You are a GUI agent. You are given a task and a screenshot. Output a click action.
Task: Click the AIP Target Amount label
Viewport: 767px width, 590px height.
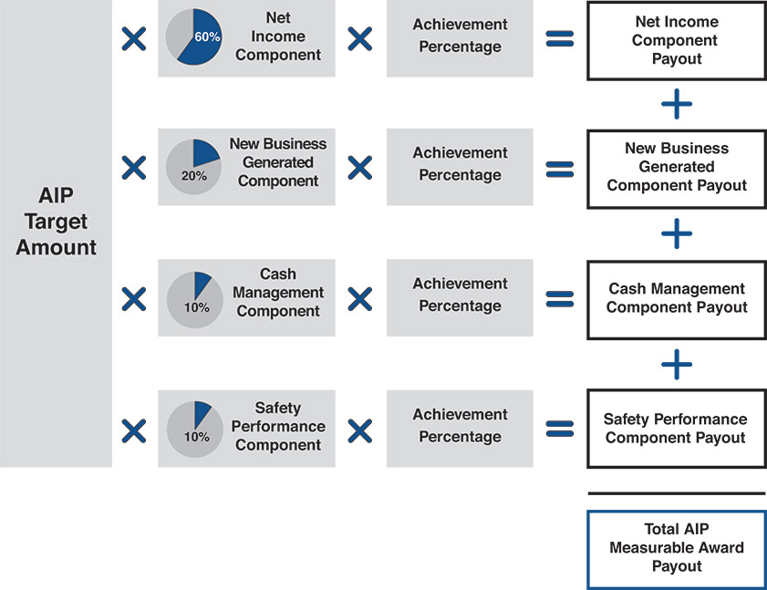(56, 222)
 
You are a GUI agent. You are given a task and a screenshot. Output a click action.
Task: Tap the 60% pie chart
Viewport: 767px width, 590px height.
(192, 37)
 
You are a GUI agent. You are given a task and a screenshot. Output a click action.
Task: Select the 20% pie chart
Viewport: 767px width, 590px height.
(192, 166)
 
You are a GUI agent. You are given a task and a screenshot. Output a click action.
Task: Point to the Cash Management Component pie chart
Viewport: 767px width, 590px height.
(192, 297)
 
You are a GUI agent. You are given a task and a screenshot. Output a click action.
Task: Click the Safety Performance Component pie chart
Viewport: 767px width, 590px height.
(192, 428)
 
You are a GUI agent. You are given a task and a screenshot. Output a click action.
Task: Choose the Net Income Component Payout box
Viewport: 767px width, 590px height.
(675, 40)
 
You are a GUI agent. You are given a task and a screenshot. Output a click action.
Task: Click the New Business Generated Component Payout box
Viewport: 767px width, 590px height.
(675, 167)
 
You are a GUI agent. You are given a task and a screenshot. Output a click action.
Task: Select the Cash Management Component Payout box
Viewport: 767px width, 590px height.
(675, 298)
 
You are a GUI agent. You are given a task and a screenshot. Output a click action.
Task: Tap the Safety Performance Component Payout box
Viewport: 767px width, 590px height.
(675, 429)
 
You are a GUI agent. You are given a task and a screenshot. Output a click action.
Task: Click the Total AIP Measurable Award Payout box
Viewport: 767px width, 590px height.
(675, 547)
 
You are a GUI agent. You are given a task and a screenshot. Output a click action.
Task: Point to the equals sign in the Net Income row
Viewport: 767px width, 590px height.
(559, 39)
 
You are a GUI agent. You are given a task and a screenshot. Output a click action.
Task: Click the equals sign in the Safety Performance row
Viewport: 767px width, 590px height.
(559, 430)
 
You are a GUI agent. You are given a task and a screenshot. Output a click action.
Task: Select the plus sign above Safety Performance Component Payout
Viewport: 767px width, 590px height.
(676, 365)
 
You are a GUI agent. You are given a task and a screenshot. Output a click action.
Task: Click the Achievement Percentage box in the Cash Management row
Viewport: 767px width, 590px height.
(460, 295)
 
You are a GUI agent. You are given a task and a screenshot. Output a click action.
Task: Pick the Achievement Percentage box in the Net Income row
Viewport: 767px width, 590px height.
(460, 37)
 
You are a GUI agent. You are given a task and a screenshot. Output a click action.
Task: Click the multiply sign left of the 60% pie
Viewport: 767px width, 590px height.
(134, 38)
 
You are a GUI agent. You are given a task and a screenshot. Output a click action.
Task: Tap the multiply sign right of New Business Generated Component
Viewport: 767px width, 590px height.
(360, 167)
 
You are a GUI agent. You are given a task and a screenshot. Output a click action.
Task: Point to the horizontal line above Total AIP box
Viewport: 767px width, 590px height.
(676, 493)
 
